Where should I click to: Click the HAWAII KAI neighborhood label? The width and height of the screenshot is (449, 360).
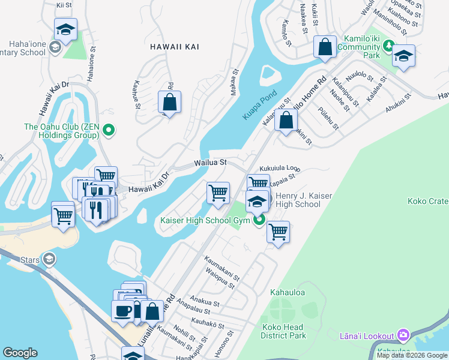point(175,46)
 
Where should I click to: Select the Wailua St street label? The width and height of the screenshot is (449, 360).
point(209,163)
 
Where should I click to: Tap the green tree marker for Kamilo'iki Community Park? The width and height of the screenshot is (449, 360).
point(389,45)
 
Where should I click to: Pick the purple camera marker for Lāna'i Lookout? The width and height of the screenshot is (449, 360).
point(403,335)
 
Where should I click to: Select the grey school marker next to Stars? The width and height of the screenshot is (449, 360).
point(49,259)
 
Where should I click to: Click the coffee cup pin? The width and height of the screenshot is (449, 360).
point(124,311)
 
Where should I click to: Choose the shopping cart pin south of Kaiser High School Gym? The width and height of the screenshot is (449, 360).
point(278,231)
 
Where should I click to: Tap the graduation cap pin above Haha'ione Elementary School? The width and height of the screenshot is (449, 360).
point(65,29)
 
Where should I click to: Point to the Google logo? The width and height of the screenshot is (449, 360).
point(20,353)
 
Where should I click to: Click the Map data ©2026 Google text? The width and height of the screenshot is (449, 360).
point(412,355)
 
